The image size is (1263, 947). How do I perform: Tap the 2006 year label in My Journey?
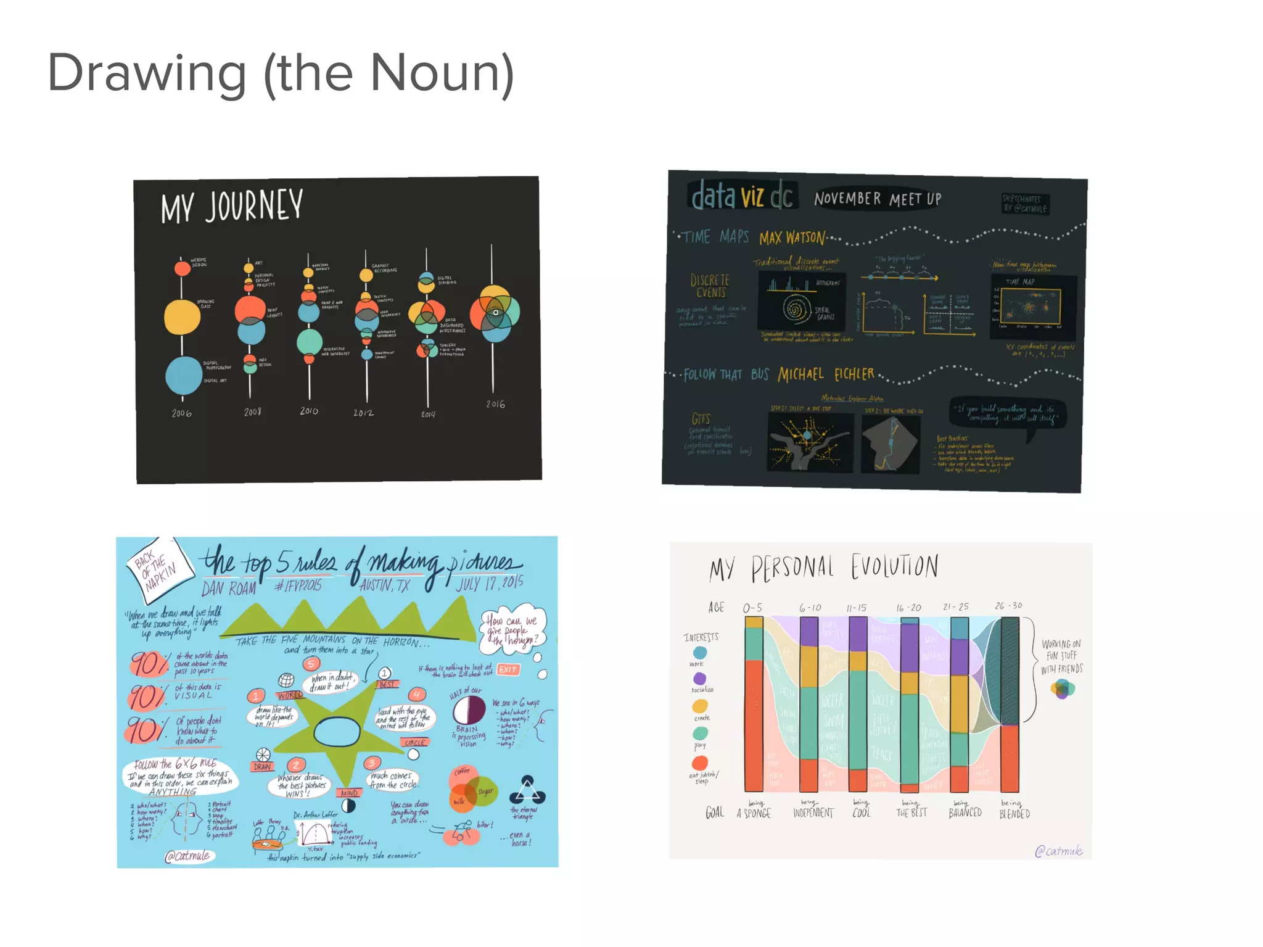pos(181,413)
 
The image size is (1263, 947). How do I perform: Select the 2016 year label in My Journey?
pos(495,404)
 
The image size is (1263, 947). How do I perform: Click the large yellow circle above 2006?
pos(182,316)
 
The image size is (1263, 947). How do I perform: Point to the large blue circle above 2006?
pos(184,375)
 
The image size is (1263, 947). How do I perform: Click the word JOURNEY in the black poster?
pos(253,206)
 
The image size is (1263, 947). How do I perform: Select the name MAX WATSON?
pos(792,238)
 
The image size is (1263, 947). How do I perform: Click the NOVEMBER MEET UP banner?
pos(877,199)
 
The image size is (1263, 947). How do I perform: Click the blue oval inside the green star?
pos(337,732)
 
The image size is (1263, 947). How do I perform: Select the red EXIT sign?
pos(508,669)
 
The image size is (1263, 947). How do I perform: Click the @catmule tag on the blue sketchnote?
pos(188,856)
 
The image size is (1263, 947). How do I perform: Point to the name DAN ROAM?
pos(228,588)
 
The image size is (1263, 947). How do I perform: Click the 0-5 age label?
pos(752,608)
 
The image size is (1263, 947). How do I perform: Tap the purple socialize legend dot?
pos(699,679)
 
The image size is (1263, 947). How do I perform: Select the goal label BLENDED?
pos(1014,814)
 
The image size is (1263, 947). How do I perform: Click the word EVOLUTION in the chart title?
pos(895,566)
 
